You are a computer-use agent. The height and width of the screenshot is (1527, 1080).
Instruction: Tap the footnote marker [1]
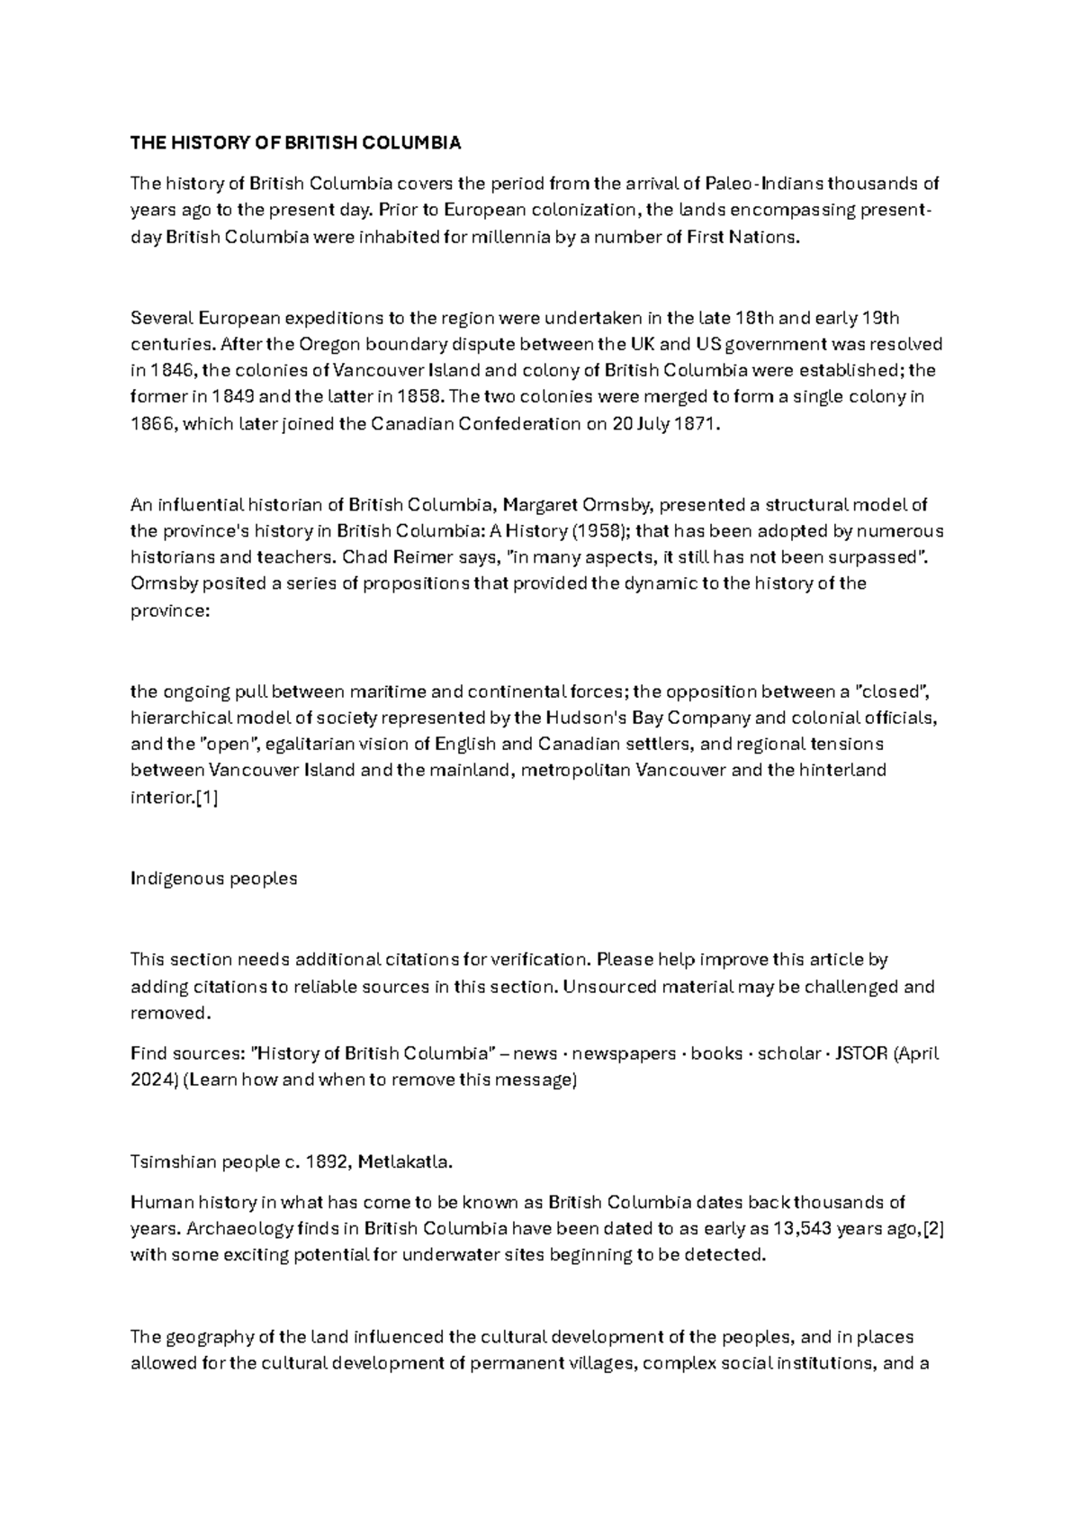click(x=206, y=798)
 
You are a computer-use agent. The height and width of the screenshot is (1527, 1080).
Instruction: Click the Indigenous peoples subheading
click(x=213, y=879)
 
